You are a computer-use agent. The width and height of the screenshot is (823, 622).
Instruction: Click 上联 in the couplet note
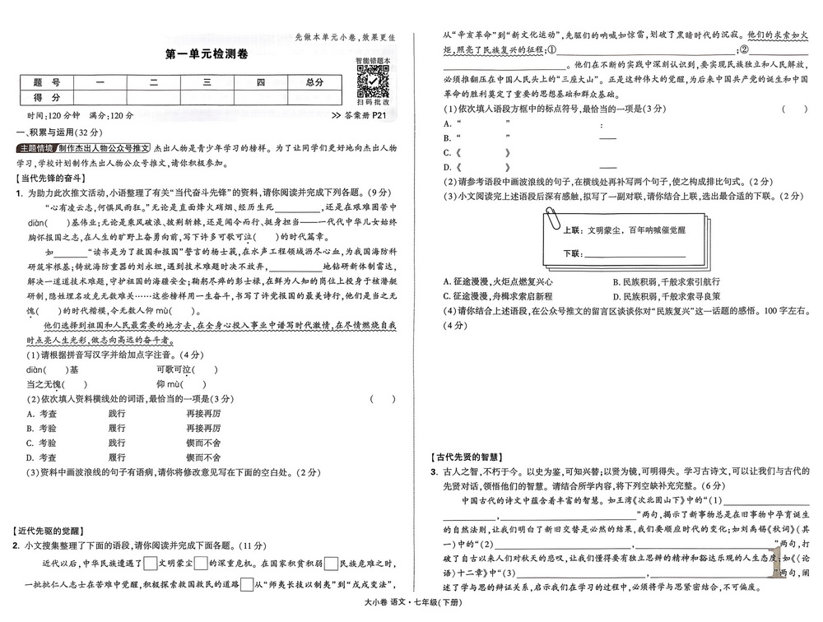click(x=574, y=231)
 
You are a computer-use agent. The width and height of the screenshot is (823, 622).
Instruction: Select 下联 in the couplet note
click(x=574, y=253)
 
